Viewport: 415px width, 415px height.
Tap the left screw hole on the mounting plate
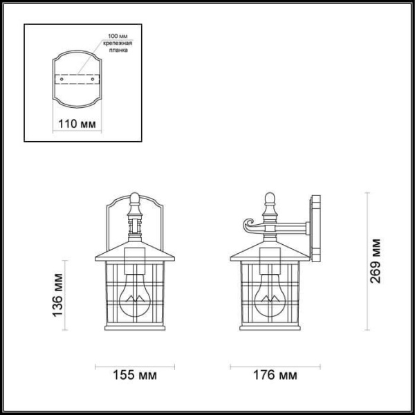[62, 80]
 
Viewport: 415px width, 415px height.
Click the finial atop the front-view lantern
[136, 202]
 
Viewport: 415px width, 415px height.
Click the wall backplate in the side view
[317, 228]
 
